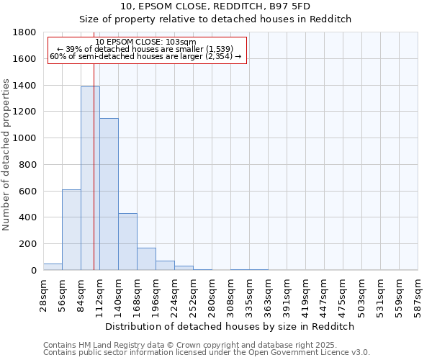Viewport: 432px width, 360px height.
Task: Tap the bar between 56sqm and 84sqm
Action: (x=71, y=230)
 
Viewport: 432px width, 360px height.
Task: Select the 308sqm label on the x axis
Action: (x=231, y=295)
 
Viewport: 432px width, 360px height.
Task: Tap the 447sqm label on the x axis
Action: (x=325, y=295)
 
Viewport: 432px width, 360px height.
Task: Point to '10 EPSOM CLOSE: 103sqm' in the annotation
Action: (x=145, y=42)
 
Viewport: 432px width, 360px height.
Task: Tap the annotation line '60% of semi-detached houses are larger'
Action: (x=145, y=56)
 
